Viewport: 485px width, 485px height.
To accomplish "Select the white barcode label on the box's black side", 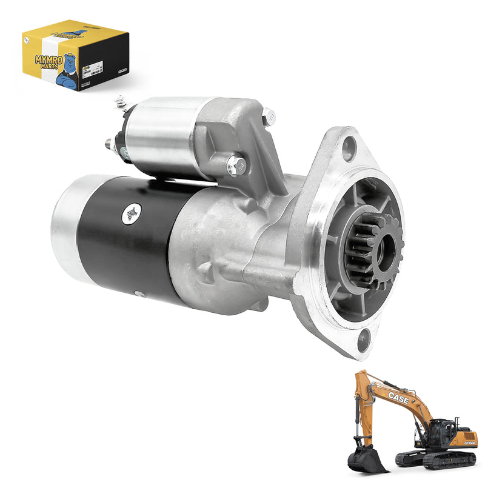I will tap(92, 69).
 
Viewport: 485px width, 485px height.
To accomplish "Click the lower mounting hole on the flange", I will tap(364, 338).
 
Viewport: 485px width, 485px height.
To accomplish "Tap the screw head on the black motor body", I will tap(130, 213).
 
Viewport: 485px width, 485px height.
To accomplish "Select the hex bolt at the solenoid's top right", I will tap(267, 115).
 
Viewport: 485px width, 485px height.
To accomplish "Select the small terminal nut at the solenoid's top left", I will tap(121, 100).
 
